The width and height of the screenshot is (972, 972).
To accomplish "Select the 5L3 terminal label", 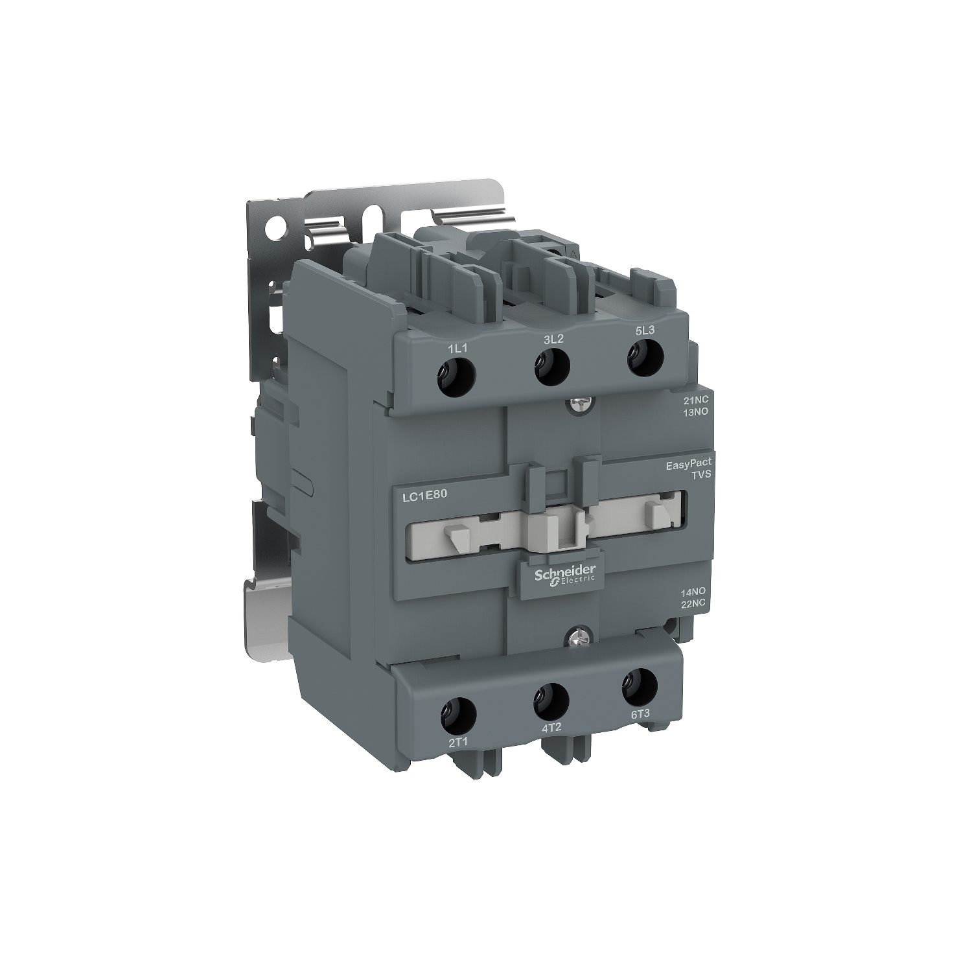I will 645,330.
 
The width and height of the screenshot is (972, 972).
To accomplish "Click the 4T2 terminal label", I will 550,728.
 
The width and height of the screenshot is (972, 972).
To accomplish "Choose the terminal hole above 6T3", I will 639,686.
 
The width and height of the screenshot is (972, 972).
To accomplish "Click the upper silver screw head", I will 574,404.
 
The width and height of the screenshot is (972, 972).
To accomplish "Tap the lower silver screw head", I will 573,637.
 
